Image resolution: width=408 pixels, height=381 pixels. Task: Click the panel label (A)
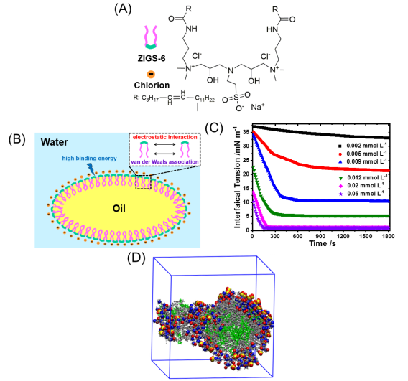123,9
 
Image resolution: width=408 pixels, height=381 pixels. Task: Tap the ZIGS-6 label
152,58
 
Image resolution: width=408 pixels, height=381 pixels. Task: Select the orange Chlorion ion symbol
151,75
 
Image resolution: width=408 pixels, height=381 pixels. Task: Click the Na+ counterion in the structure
258,107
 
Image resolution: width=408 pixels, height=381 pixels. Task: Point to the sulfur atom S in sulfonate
236,98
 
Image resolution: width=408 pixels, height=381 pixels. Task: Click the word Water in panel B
54,142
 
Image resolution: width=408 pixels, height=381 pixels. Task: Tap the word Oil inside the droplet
119,208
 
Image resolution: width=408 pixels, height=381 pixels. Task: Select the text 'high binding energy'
89,159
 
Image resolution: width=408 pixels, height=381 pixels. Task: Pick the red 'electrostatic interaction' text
164,137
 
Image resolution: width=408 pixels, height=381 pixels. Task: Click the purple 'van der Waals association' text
164,162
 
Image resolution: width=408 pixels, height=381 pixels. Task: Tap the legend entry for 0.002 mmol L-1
363,146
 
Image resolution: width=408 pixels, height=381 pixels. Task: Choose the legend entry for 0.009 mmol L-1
363,161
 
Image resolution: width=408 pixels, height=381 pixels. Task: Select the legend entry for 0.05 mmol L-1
361,194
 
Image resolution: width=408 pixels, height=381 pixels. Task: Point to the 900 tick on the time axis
320,236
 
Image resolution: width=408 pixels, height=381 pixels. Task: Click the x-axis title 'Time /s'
323,243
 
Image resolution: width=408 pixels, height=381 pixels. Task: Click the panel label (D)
136,258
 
